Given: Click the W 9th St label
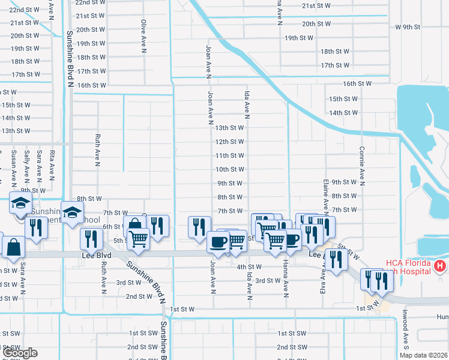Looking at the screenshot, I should (408, 27).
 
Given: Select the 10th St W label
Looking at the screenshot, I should (229, 169).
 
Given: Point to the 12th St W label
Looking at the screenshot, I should (229, 142).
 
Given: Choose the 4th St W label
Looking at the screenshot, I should (249, 266).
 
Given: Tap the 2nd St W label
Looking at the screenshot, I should (138, 296).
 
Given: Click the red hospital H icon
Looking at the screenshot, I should (440, 265).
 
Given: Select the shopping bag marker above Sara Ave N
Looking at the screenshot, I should (13, 246).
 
